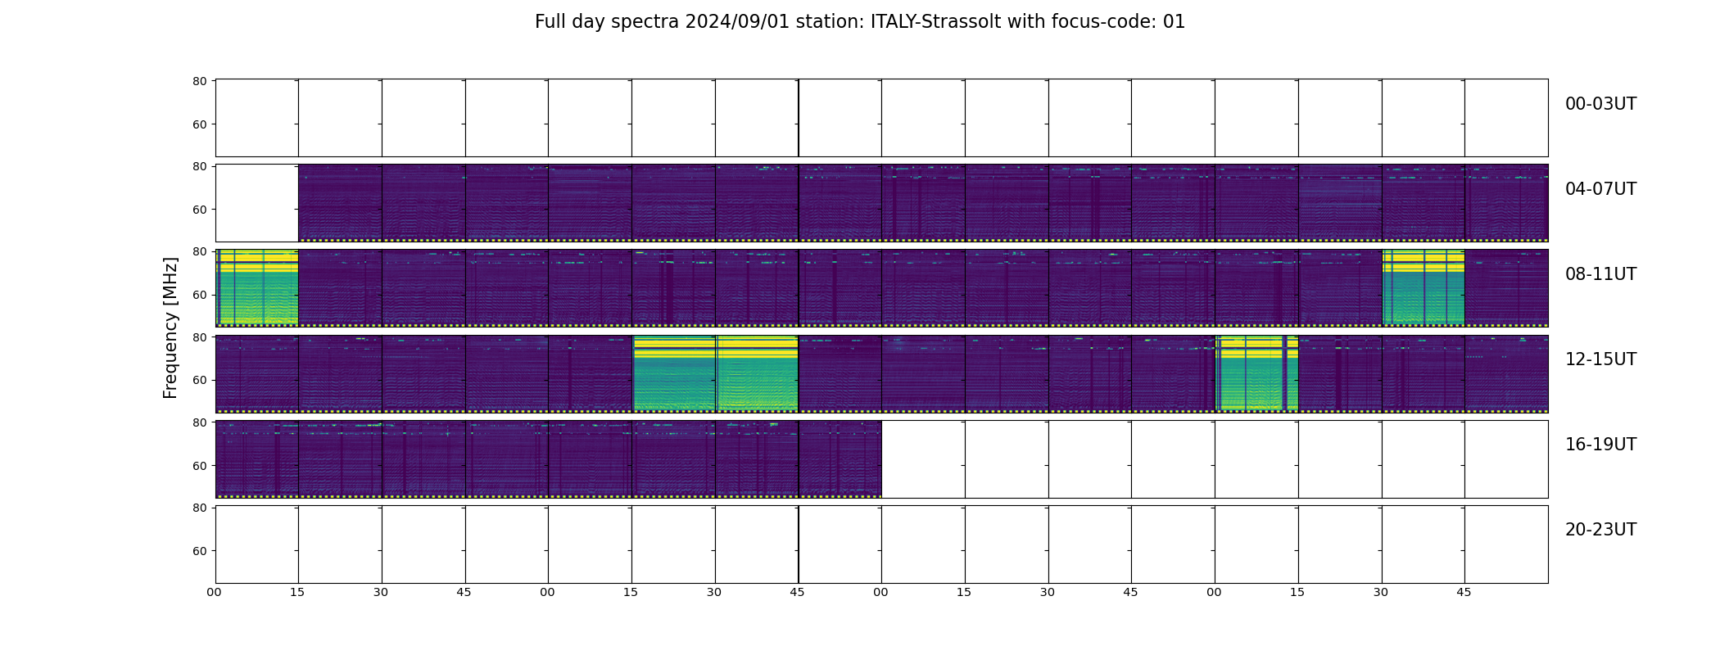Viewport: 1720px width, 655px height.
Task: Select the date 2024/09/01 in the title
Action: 737,22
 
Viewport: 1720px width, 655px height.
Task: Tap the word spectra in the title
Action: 645,23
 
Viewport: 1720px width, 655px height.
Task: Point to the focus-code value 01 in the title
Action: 1175,22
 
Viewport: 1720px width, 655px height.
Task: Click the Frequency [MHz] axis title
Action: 170,327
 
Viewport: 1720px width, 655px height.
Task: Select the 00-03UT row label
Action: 1600,104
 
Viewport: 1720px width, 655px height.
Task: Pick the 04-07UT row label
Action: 1600,189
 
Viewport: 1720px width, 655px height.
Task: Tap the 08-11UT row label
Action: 1600,274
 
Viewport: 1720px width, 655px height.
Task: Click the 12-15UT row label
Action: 1600,359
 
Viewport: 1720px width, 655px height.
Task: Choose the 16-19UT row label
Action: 1600,445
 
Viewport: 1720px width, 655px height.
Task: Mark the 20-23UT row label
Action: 1600,530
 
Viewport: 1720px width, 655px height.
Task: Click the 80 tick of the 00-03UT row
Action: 199,81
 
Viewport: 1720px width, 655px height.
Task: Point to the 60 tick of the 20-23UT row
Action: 199,551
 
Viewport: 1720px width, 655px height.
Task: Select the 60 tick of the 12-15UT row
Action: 199,380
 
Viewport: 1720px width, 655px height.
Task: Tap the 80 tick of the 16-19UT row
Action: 199,422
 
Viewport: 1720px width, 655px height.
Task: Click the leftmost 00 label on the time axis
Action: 215,592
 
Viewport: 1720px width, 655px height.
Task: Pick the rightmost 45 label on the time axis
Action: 1464,592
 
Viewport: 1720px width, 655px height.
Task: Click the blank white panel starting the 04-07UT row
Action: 257,203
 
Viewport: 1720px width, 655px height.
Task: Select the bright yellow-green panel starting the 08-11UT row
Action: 257,288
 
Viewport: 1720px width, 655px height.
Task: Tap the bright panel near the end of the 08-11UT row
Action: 1424,288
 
